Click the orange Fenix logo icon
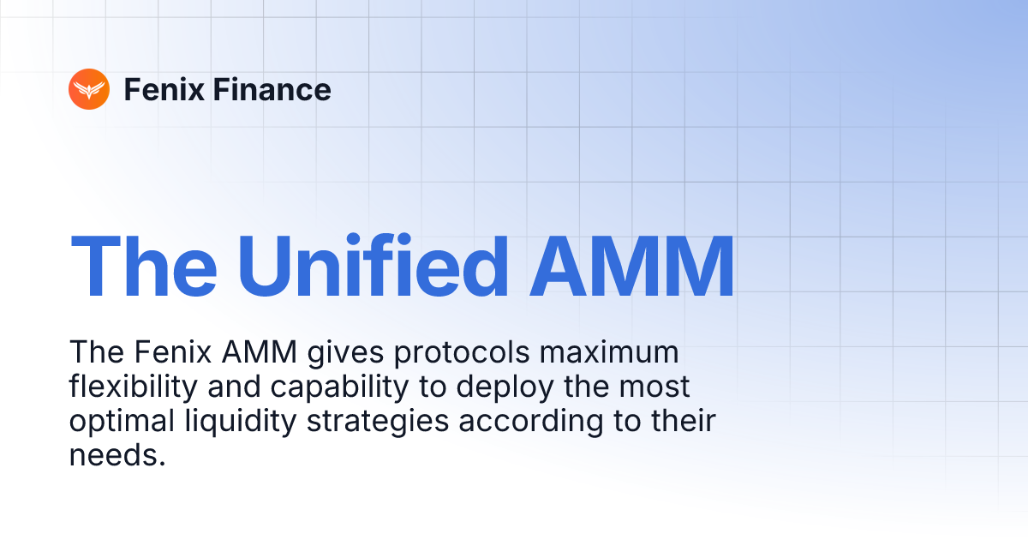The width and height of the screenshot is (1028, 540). (89, 89)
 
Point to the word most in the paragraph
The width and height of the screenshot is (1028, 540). (655, 387)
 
